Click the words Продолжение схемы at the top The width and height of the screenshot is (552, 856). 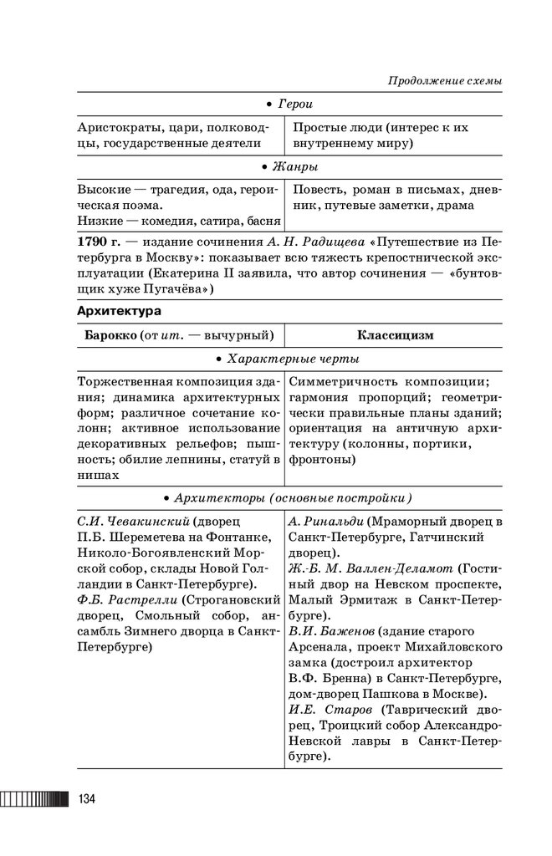(x=446, y=81)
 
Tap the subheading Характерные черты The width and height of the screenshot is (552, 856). (x=293, y=359)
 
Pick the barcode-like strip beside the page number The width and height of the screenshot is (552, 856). (x=34, y=799)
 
